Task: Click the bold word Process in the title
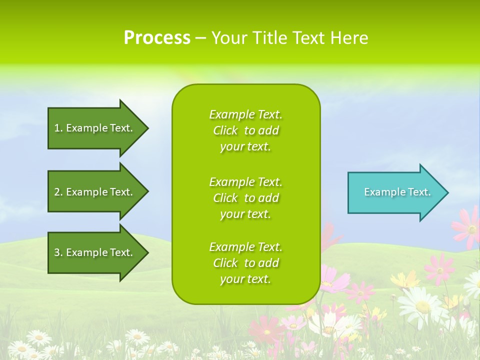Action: coord(157,38)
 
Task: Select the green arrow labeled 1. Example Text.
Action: coord(95,128)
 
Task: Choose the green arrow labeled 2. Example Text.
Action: coord(95,192)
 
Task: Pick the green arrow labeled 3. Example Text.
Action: coord(95,252)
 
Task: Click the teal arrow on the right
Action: coord(395,192)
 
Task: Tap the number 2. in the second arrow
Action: coord(58,192)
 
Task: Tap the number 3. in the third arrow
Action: coord(58,252)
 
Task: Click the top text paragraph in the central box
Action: coord(245,130)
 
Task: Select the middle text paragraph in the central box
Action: coord(245,198)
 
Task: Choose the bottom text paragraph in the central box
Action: coord(245,263)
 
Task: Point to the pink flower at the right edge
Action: coord(468,227)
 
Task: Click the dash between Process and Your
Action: coord(200,38)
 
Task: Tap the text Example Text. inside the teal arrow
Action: coord(397,192)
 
